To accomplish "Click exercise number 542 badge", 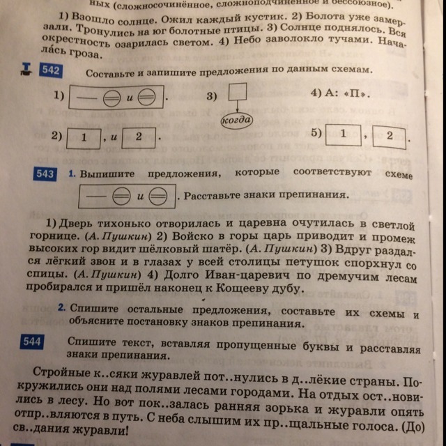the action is point(50,70).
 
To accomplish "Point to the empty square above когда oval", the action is point(238,91).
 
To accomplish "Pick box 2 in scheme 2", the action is point(139,138).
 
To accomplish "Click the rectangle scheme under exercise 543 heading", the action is point(127,197).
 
